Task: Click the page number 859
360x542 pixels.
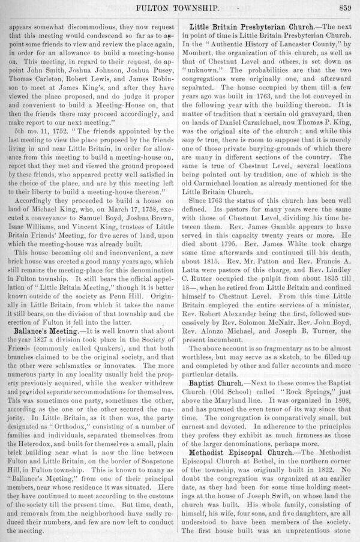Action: click(x=344, y=8)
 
